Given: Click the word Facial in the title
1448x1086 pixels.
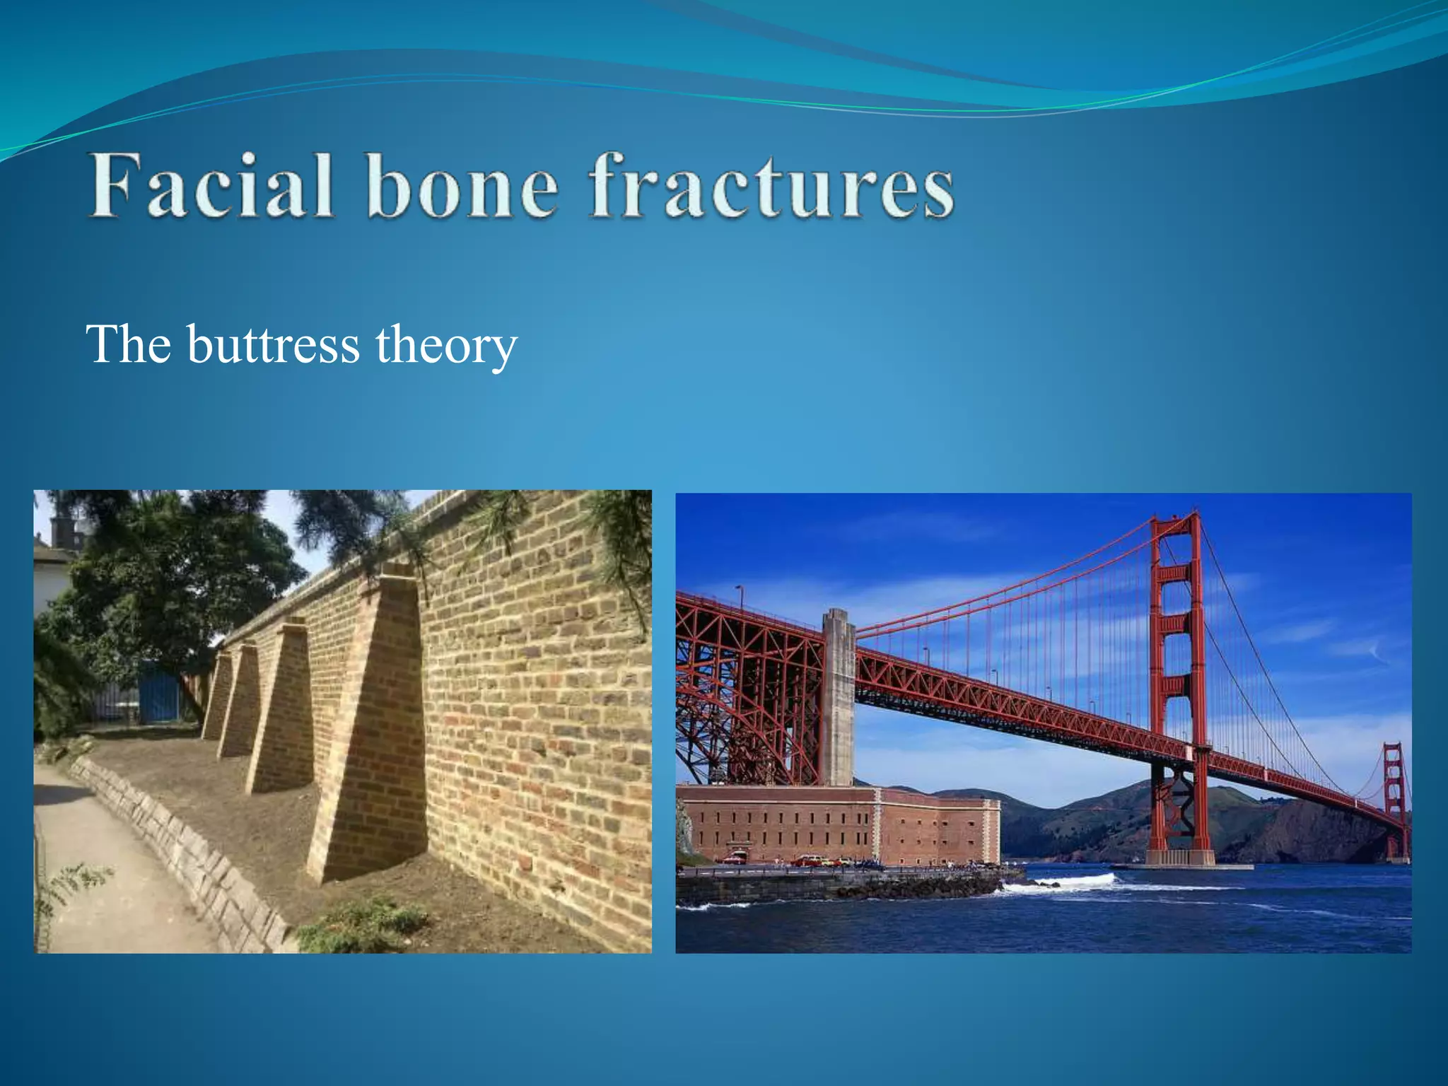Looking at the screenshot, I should coord(211,186).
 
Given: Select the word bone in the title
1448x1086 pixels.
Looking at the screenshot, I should coord(462,187).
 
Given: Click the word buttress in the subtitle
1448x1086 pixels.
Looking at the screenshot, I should coord(273,345).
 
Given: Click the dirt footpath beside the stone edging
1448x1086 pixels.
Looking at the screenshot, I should coord(106,884).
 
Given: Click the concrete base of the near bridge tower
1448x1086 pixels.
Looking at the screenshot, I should coord(1179,858).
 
